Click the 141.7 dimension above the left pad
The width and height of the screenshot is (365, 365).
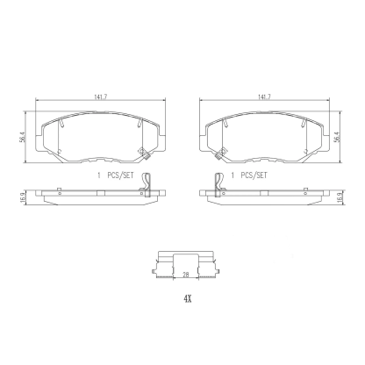click(98, 98)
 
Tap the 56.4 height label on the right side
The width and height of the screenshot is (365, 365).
click(341, 138)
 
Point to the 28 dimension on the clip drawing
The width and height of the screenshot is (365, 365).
click(185, 275)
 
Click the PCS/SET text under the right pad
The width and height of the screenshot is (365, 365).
click(254, 175)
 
